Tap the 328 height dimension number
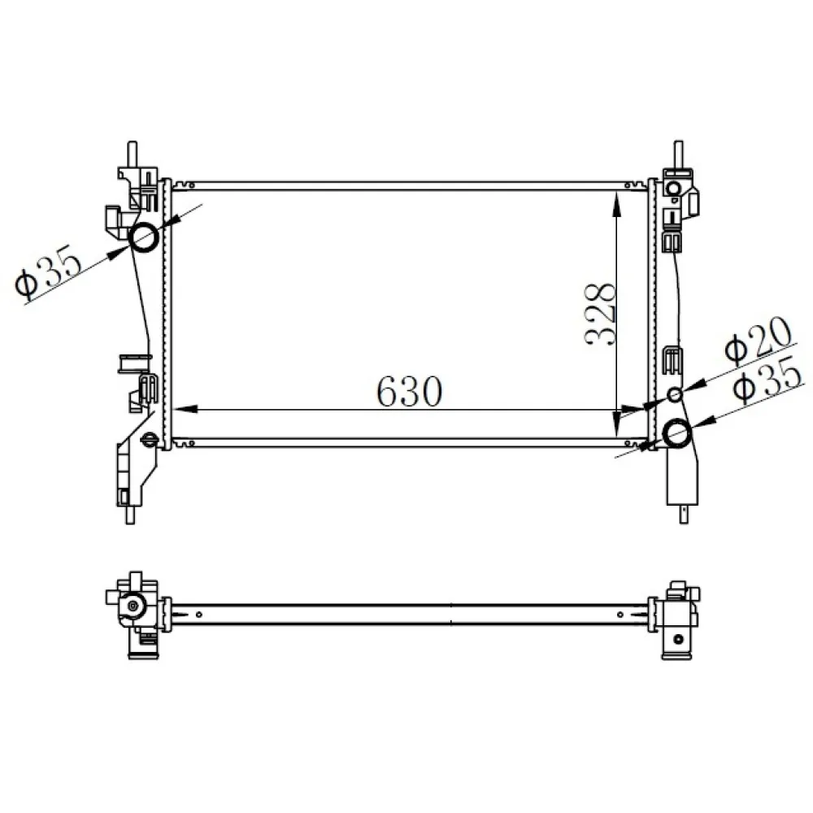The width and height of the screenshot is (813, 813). pyautogui.click(x=601, y=315)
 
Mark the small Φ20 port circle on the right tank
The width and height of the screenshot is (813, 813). pyautogui.click(x=674, y=395)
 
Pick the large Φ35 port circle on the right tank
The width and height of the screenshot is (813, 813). pyautogui.click(x=676, y=433)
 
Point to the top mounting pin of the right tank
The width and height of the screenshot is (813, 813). pyautogui.click(x=677, y=153)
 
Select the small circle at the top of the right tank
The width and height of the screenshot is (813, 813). pyautogui.click(x=672, y=189)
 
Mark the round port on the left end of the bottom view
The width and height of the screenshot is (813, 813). pyautogui.click(x=133, y=606)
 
